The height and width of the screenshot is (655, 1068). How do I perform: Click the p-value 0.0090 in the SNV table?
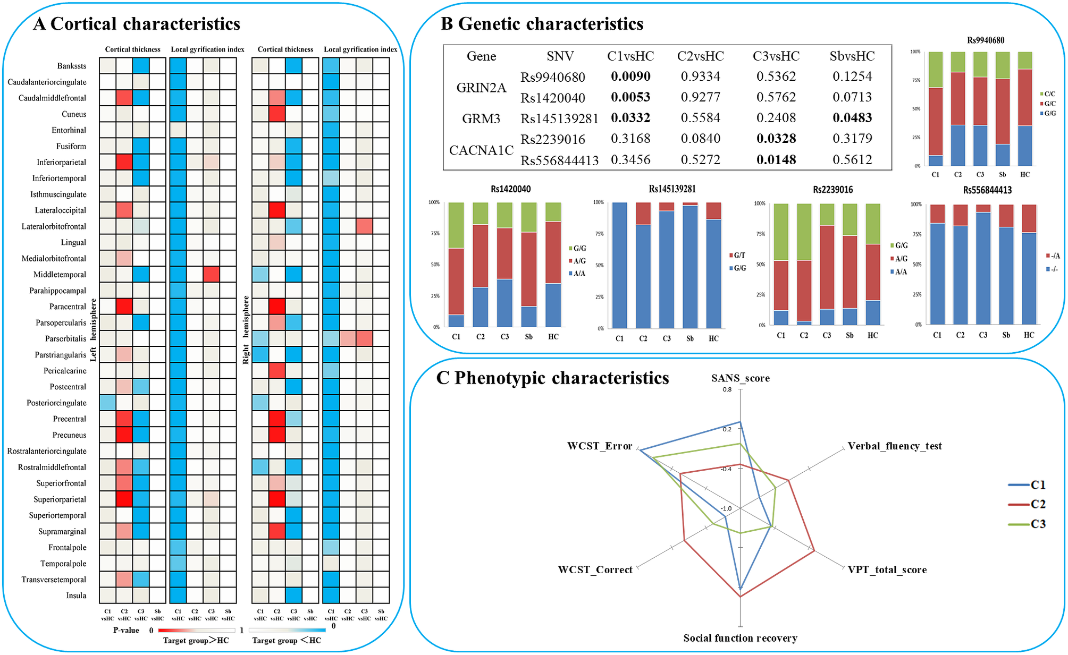[x=630, y=76]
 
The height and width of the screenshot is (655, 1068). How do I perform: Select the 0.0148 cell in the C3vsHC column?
[x=776, y=160]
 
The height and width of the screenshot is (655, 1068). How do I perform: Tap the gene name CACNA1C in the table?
[x=481, y=150]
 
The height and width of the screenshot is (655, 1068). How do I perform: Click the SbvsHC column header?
[x=852, y=56]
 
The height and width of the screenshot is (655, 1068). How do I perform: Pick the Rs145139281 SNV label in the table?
[x=559, y=118]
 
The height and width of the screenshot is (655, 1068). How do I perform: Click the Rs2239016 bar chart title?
[x=832, y=190]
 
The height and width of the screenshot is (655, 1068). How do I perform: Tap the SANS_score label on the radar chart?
[x=740, y=378]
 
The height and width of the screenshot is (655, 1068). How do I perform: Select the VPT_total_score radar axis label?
[x=887, y=570]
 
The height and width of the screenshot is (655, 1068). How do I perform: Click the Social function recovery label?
[x=740, y=638]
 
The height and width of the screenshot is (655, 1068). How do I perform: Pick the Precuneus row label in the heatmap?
[x=69, y=435]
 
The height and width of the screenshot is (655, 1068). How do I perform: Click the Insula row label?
[x=76, y=596]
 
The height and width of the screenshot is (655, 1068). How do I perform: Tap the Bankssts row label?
[x=72, y=66]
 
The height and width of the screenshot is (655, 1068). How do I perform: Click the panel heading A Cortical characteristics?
[x=137, y=24]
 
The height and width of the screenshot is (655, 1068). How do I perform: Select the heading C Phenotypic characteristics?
[x=552, y=378]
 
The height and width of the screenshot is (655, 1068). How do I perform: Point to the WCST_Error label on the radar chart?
[x=600, y=446]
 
